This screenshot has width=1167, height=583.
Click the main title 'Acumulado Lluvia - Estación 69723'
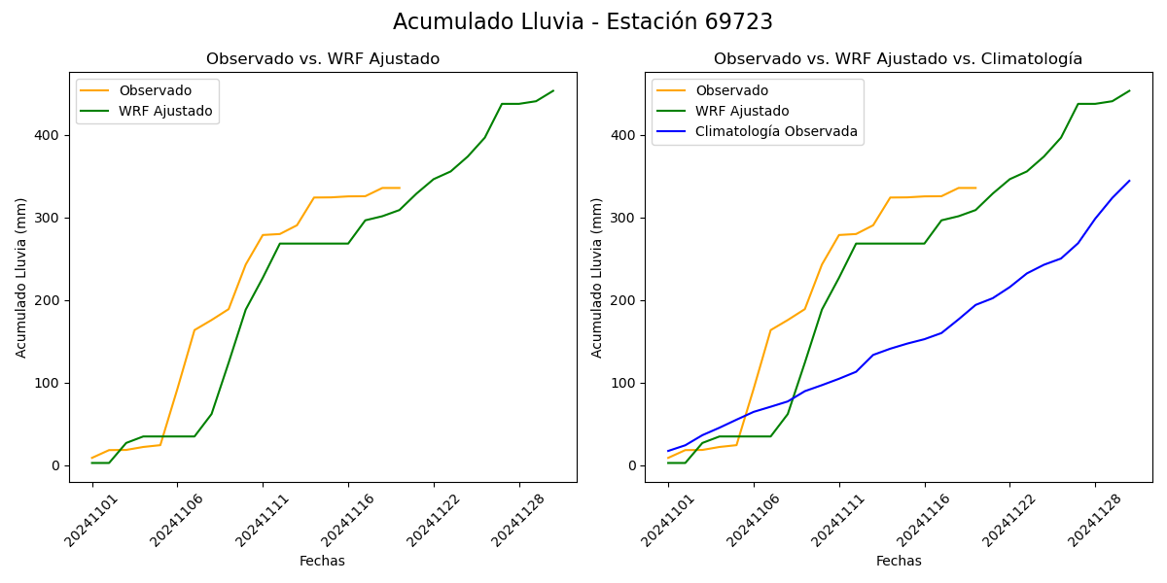[583, 22]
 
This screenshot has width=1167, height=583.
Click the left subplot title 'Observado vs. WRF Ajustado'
[323, 59]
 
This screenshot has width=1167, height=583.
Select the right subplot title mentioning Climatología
[898, 59]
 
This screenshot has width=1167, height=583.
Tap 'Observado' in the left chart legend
[156, 90]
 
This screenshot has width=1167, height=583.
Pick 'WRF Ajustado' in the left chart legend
[165, 111]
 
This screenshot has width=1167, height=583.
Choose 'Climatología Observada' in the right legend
[776, 131]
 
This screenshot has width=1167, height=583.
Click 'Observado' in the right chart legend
[731, 90]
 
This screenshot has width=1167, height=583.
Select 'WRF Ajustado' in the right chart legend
[742, 111]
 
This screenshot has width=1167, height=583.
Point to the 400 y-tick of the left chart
[49, 135]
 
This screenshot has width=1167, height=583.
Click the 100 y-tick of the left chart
[49, 383]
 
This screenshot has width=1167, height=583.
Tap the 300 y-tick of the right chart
[624, 218]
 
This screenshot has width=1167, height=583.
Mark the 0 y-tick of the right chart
[632, 465]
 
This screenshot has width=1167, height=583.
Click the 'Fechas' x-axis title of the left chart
[322, 561]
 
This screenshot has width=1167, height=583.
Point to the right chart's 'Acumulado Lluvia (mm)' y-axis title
[597, 278]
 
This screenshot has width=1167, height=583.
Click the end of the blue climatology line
[1129, 181]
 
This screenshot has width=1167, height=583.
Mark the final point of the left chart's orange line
[400, 188]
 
